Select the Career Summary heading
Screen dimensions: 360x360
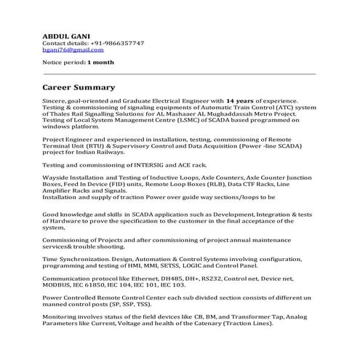coord(79,87)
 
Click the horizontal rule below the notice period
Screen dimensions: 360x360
coord(180,74)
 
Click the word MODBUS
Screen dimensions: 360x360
coord(60,285)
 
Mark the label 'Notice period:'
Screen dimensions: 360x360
coord(63,63)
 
